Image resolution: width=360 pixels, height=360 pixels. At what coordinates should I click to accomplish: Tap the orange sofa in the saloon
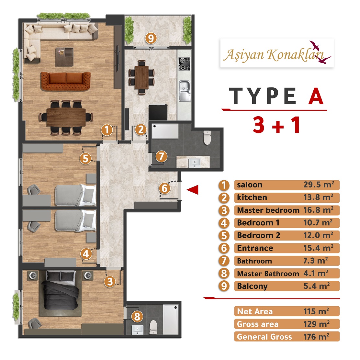coord(66,81)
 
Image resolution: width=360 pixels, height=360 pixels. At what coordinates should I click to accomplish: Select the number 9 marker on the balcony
coord(151,38)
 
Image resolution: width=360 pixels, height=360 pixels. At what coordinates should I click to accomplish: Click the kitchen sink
coord(185,91)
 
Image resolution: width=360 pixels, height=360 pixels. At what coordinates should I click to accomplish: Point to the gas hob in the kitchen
coord(185,64)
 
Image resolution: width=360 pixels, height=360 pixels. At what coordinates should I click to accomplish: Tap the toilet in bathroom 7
coord(207,138)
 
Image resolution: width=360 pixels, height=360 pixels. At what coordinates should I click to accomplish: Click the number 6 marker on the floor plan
coord(164,188)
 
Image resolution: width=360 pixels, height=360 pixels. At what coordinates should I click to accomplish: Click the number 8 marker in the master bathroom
coord(137,317)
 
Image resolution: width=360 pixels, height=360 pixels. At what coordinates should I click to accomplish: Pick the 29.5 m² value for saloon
coord(319,185)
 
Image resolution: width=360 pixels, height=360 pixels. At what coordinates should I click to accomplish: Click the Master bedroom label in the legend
coord(268,210)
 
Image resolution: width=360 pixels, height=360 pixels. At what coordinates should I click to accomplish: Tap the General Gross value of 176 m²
coord(316,337)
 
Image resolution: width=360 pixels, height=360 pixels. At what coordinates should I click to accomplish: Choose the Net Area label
coord(254,311)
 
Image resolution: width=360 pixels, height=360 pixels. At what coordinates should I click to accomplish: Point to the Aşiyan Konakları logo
coord(277,53)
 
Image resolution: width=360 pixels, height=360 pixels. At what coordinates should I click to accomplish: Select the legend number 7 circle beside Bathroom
coord(224,261)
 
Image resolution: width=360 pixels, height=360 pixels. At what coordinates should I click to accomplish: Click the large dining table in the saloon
coord(66,117)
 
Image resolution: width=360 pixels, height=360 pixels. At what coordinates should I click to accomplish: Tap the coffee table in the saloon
coord(64,57)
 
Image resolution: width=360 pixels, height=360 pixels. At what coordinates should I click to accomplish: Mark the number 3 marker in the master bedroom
coord(110,281)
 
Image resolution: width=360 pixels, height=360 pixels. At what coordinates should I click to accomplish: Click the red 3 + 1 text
coord(276,125)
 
